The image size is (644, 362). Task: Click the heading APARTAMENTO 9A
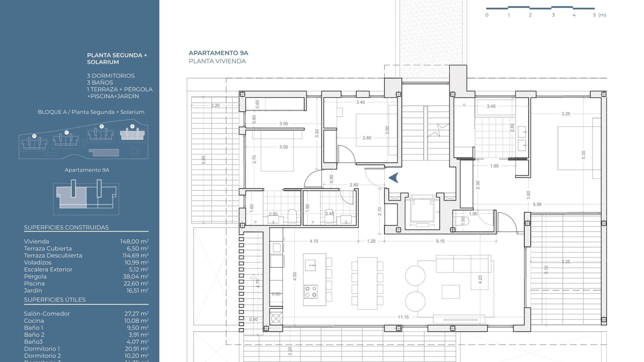pos(218,53)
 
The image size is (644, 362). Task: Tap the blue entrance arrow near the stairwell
pos(393,178)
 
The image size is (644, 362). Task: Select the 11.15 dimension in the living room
pos(403,317)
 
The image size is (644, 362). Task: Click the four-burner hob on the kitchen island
pos(311,292)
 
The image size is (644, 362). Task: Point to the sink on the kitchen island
pos(310,265)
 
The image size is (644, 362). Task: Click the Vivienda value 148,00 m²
pos(134,241)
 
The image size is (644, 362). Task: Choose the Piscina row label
pos(34,284)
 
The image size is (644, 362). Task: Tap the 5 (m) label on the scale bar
pos(599,15)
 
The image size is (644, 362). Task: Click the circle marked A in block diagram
pos(132,126)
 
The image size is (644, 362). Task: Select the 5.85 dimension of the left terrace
pos(204,160)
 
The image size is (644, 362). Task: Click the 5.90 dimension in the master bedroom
pos(537,204)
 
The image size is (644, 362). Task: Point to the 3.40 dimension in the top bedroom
pos(360,102)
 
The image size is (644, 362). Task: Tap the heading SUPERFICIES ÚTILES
pos(55,300)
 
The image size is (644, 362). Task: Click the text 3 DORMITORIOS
pos(111,76)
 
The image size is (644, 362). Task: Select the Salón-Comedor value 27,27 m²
pos(136,314)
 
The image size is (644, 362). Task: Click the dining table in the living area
pos(367,283)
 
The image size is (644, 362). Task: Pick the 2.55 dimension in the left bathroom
pos(273,214)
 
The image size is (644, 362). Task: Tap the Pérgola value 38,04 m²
pos(136,277)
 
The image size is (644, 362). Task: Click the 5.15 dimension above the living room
pos(440,241)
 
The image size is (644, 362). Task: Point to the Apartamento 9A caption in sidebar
pos(87,170)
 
